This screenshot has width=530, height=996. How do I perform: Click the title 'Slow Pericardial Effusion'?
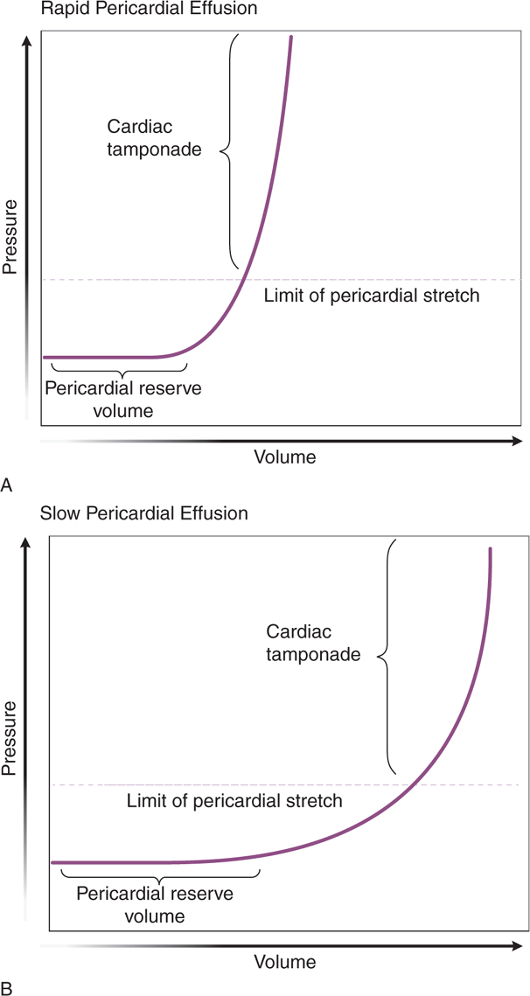[x=144, y=513]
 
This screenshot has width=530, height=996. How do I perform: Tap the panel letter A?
[x=7, y=484]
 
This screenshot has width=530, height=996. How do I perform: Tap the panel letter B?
[x=7, y=987]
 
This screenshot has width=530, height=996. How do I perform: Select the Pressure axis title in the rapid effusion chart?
[x=10, y=236]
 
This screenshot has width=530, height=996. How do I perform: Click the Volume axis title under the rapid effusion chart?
[x=284, y=456]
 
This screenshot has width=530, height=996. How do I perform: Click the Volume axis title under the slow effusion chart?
[x=284, y=962]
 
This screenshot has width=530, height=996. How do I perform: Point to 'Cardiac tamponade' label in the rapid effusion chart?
[x=154, y=137]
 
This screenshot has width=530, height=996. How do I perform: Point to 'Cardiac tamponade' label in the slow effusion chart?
[x=312, y=643]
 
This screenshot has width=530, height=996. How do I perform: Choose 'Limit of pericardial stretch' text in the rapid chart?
[x=372, y=296]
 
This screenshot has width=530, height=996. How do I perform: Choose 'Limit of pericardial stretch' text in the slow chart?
[x=234, y=800]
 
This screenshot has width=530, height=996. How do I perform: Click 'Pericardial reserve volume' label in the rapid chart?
[x=110, y=399]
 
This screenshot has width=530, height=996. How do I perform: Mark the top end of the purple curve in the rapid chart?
[x=290, y=38]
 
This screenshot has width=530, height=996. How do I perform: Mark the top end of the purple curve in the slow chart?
[x=491, y=550]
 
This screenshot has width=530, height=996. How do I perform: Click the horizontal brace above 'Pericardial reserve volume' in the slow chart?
[x=157, y=878]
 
